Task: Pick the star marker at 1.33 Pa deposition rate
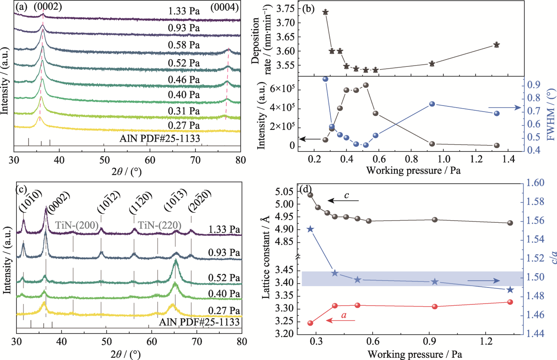point(497,45)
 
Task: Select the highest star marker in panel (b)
point(325,12)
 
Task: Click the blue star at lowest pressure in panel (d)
point(310,229)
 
